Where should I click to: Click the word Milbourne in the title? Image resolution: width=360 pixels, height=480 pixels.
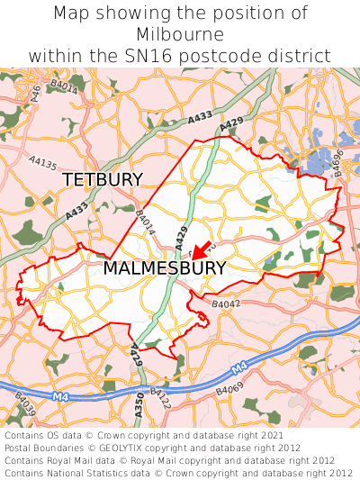(180, 34)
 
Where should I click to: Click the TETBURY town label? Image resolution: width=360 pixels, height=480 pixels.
(103, 179)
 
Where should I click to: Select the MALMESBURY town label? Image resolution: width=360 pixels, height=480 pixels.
(164, 267)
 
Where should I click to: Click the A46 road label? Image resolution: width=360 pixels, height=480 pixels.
(37, 92)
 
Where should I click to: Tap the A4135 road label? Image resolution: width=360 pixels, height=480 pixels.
(42, 164)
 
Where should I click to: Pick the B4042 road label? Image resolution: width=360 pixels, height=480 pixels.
(226, 305)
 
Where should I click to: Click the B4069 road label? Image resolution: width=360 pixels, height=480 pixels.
(229, 390)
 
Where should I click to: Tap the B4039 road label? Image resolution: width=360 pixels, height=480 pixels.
(26, 410)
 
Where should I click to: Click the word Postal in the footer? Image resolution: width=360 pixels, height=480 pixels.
(21, 448)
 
